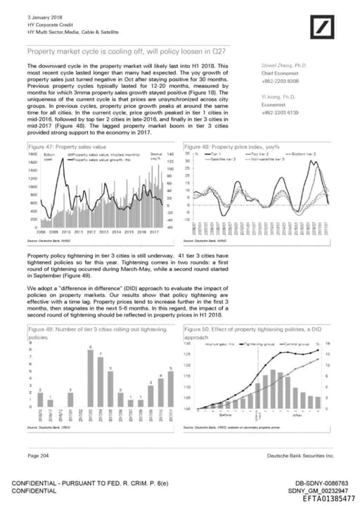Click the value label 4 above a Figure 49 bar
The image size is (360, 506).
tap(160, 377)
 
